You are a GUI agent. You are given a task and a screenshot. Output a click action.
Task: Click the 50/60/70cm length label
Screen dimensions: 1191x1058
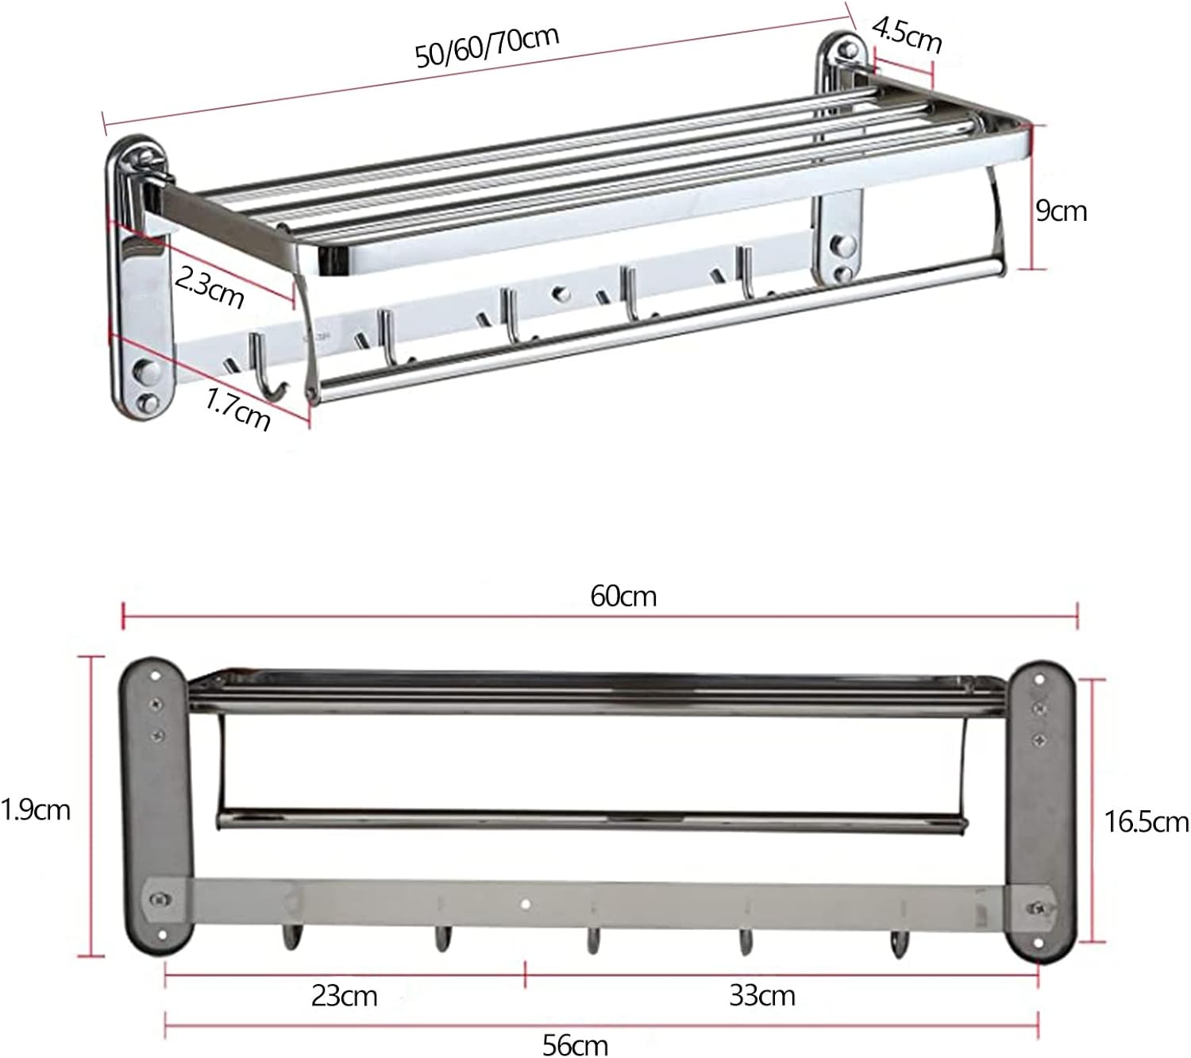[x=488, y=48]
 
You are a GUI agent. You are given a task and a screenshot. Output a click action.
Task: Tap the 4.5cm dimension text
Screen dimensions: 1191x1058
[x=907, y=36]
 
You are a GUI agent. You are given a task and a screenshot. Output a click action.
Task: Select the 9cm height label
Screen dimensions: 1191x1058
[x=1061, y=210]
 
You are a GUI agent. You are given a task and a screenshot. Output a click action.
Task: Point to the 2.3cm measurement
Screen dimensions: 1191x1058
[x=209, y=287]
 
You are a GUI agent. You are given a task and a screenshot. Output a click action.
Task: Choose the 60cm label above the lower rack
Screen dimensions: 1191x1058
[x=623, y=597]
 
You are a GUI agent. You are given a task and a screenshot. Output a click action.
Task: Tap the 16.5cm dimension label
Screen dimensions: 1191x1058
[x=1147, y=822]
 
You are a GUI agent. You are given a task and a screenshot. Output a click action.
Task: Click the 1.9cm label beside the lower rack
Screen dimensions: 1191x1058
[x=36, y=809]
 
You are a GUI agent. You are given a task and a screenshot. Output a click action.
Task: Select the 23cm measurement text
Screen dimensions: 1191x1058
[x=344, y=995]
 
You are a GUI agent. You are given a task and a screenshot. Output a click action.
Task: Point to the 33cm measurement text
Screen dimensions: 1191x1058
[x=761, y=995]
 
